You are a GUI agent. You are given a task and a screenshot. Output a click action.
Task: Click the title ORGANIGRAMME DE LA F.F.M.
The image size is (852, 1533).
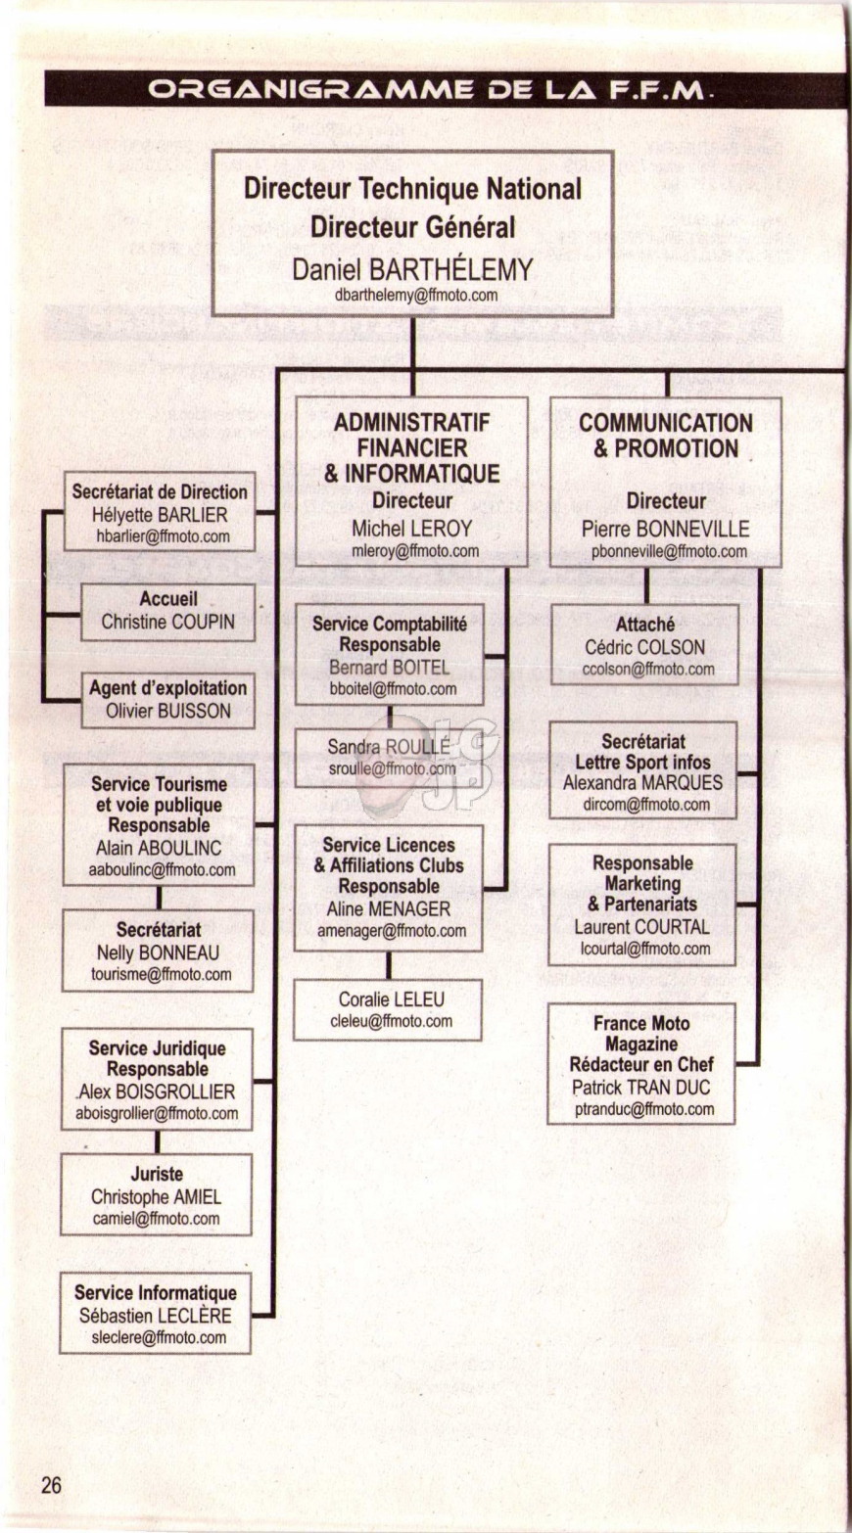pos(425,90)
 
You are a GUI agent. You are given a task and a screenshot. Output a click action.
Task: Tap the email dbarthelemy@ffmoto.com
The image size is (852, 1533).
pos(416,296)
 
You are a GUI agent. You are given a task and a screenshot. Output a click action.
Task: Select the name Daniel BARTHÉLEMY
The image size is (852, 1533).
pos(412,269)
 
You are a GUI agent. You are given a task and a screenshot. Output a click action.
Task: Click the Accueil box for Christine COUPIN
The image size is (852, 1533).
pos(167,612)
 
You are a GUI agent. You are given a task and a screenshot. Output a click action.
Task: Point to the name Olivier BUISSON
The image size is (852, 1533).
pos(167,711)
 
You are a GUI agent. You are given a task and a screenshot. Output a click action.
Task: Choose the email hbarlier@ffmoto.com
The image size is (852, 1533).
pos(163,536)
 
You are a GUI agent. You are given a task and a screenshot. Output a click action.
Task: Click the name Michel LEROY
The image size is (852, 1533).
pos(411,529)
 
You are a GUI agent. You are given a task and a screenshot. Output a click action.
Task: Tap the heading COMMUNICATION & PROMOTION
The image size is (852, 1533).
pos(666,436)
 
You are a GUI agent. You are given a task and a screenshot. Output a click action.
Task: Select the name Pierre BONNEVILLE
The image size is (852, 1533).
pos(666,529)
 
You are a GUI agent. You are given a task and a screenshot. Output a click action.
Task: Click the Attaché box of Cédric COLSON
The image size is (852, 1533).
pos(644,644)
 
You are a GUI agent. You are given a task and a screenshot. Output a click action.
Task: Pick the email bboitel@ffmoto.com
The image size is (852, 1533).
pos(393,689)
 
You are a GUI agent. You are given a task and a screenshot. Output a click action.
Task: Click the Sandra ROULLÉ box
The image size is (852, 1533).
pos(389,758)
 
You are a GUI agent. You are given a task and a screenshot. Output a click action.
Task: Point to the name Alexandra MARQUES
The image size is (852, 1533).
pos(642,783)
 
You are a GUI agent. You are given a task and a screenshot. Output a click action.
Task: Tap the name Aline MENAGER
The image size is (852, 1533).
pos(389,908)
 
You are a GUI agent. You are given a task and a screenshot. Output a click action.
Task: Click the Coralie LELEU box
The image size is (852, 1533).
pos(388,1010)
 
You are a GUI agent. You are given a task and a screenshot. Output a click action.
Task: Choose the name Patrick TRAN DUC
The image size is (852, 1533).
pos(641,1088)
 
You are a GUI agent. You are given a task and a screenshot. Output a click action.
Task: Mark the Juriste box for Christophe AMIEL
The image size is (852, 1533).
pos(156,1194)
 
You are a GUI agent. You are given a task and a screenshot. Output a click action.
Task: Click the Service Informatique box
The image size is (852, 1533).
pos(156,1314)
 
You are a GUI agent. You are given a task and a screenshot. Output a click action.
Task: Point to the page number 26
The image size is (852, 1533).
pos(51,1486)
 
